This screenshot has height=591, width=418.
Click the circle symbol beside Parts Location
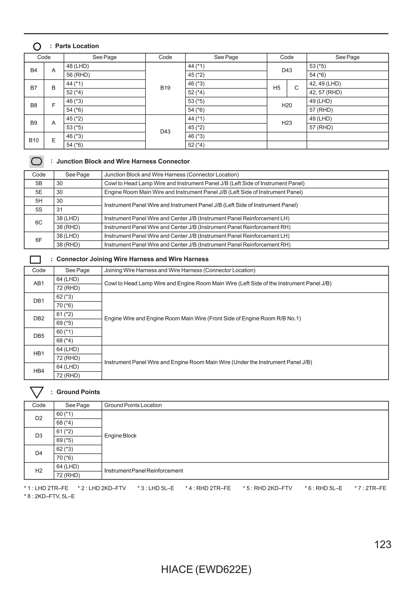37,46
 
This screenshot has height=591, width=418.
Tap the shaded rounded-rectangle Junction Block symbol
37,161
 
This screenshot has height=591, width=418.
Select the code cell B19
165,88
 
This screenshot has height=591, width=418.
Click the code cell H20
287,105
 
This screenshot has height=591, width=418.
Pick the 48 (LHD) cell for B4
78,66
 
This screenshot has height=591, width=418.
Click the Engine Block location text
120,436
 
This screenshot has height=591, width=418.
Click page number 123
382,545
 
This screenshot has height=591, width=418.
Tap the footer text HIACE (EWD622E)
206,570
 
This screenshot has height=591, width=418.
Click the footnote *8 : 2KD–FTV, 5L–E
49,496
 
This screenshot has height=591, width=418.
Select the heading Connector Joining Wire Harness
132,259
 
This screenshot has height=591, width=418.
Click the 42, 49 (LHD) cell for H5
325,84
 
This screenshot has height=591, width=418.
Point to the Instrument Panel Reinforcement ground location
143,471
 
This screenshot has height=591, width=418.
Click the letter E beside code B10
53,140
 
